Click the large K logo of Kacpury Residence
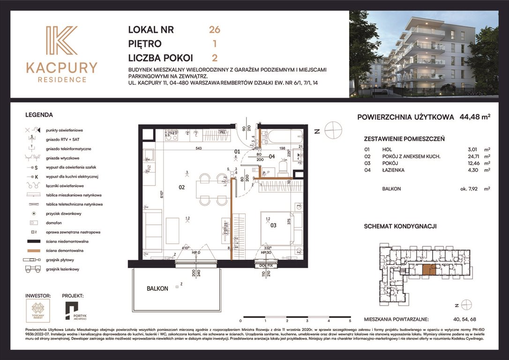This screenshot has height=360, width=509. tap(61, 41)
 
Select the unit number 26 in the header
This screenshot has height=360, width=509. tap(215, 30)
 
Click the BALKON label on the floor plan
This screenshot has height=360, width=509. tap(157, 289)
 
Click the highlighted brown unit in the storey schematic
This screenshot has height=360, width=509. tap(428, 269)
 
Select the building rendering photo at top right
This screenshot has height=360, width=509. tap(423, 54)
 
